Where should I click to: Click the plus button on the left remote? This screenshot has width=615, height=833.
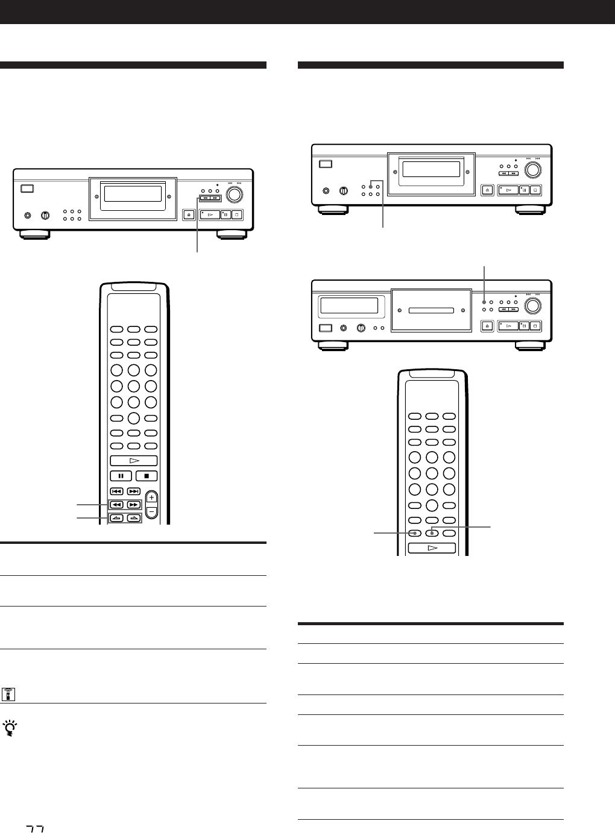tap(151, 498)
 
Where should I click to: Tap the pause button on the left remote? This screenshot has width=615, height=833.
tap(121, 476)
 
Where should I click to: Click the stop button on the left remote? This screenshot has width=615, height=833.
tap(146, 476)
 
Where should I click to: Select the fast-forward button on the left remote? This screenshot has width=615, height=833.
tap(134, 505)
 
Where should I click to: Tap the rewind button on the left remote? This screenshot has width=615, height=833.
tap(117, 505)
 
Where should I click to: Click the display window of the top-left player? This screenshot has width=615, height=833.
tap(133, 194)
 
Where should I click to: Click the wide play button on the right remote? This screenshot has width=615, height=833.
tap(432, 548)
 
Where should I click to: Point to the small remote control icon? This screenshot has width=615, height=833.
tap(8, 694)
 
